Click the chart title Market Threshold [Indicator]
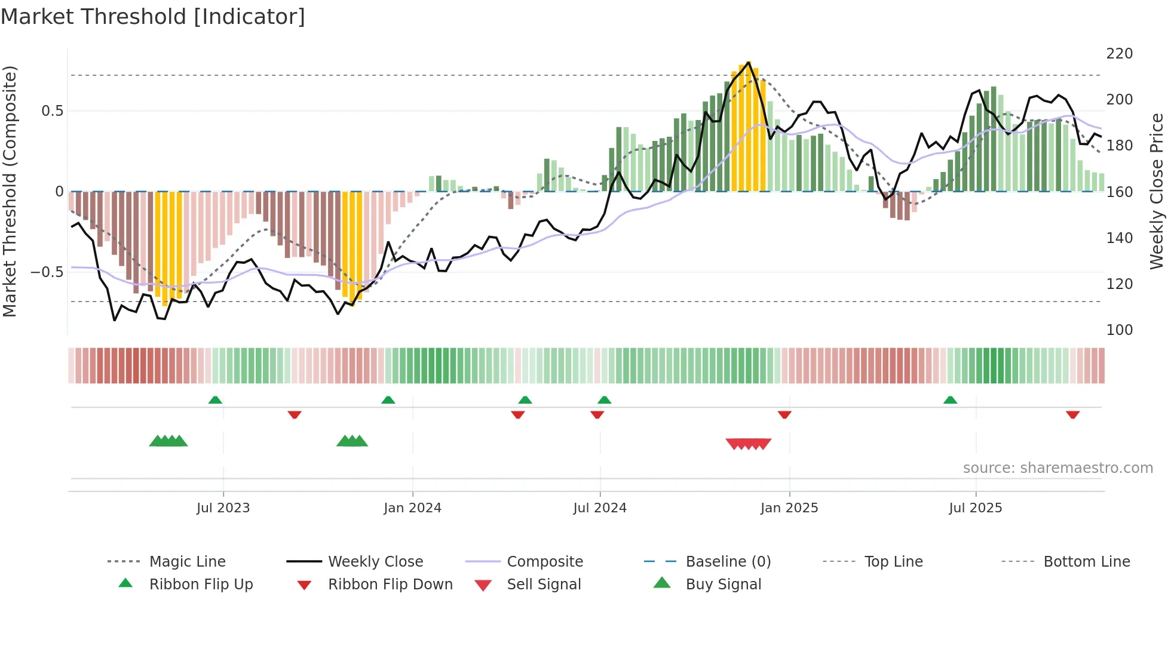pyautogui.click(x=153, y=17)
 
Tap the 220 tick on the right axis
pyautogui.click(x=1119, y=54)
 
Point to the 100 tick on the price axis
pyautogui.click(x=1119, y=330)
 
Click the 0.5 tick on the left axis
pyautogui.click(x=52, y=111)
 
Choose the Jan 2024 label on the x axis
pyautogui.click(x=412, y=508)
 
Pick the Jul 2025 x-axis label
pyautogui.click(x=975, y=508)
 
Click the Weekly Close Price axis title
pyautogui.click(x=1157, y=191)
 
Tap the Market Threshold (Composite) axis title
pyautogui.click(x=10, y=191)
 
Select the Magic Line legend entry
pyautogui.click(x=187, y=562)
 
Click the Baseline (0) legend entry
pyautogui.click(x=728, y=562)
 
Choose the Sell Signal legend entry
pyautogui.click(x=543, y=585)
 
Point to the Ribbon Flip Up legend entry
pyautogui.click(x=201, y=585)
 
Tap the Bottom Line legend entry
pyautogui.click(x=1086, y=562)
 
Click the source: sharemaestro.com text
pyautogui.click(x=1057, y=468)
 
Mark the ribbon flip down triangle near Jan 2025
pyautogui.click(x=784, y=414)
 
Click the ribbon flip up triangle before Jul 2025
pyautogui.click(x=950, y=400)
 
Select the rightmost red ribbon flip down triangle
pyautogui.click(x=1072, y=414)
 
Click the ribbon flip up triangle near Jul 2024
pyautogui.click(x=604, y=400)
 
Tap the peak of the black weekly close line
pyautogui.click(x=749, y=62)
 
